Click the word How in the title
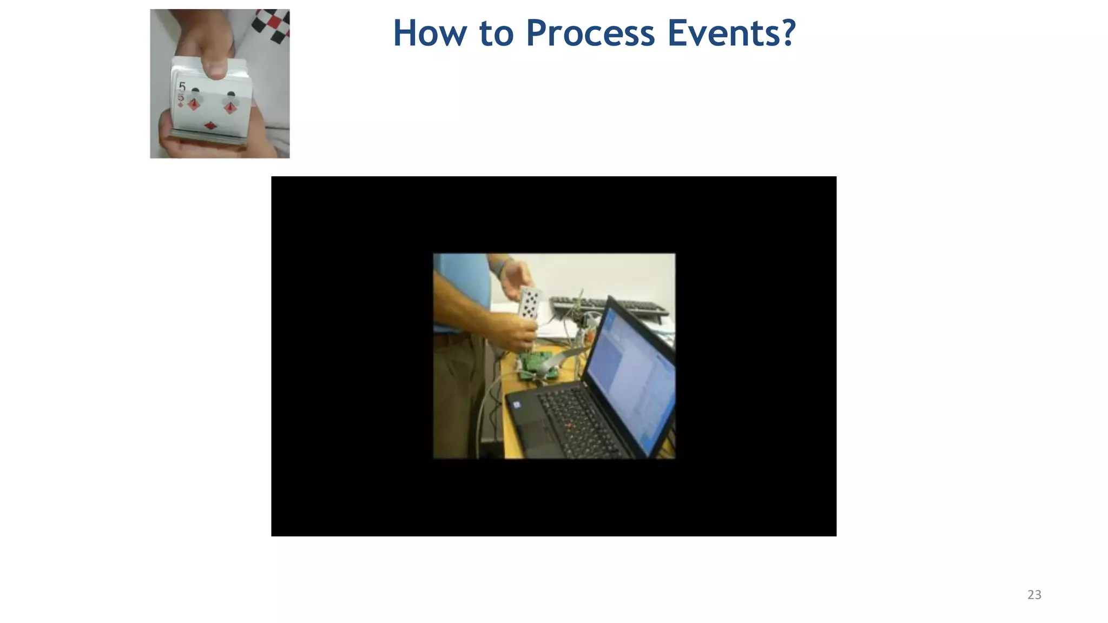(429, 33)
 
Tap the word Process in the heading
(590, 33)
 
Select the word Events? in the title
(731, 33)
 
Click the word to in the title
(496, 33)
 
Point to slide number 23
(1034, 595)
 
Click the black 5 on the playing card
(182, 87)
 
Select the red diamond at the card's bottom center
(210, 126)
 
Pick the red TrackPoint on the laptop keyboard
(568, 426)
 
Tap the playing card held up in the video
(529, 303)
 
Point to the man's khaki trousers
(457, 395)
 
